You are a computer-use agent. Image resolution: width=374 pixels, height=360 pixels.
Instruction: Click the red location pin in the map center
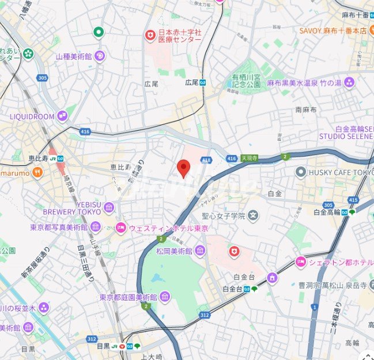pos(183,168)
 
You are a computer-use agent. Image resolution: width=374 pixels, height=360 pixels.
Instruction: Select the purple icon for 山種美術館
pos(99,56)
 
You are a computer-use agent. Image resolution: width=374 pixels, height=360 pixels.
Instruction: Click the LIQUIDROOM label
pos(32,116)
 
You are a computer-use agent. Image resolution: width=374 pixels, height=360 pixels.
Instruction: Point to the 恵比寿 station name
pos(36,158)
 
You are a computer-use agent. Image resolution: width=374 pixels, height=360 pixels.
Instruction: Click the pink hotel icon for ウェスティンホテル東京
pos(120,228)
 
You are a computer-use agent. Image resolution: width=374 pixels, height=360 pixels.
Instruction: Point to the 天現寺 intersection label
pos(250,157)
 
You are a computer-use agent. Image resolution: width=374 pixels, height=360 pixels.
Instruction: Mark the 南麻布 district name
pos(306,109)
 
